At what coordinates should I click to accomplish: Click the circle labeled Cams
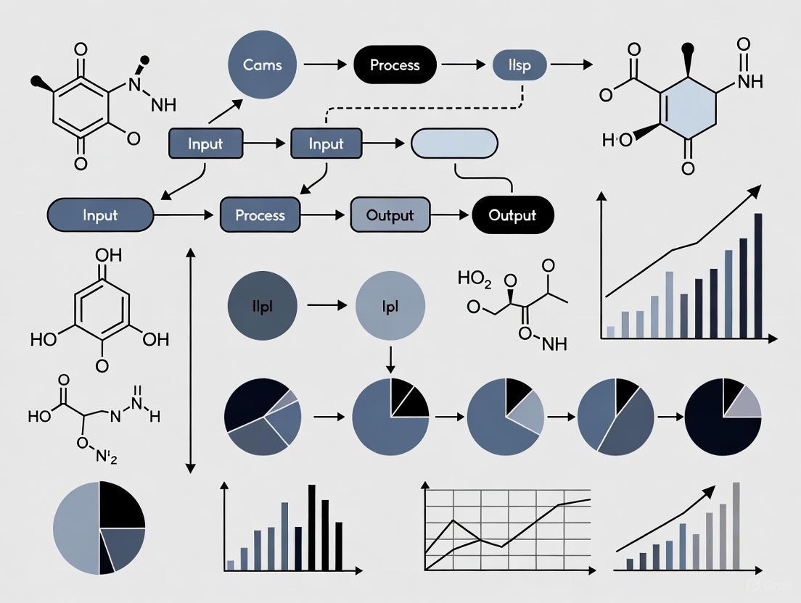point(263,65)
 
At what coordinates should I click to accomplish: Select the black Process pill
point(395,65)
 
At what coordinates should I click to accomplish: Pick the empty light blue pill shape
point(454,144)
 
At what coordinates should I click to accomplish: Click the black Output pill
point(512,215)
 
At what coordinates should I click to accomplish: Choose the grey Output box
point(390,215)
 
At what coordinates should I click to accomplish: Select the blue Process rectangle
point(260,215)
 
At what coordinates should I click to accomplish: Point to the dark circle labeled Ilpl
point(263,305)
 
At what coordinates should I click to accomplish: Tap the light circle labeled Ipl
point(390,305)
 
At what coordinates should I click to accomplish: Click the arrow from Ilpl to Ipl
point(326,305)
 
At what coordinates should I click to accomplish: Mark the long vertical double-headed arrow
point(190,360)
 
